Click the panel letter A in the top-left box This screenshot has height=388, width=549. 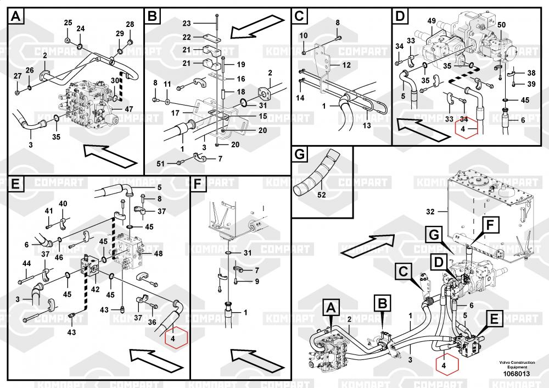tap(16, 16)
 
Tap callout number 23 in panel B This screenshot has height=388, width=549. tap(187, 24)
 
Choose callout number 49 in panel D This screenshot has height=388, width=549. tap(432, 21)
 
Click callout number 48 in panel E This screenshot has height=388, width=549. tap(158, 254)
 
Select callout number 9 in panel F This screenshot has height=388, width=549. tap(256, 282)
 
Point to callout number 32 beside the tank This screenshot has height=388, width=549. tap(429, 210)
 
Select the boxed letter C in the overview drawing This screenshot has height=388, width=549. tap(403, 270)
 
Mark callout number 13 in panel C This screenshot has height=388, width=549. tap(366, 125)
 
